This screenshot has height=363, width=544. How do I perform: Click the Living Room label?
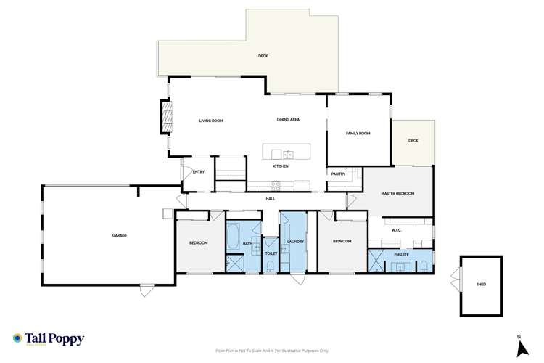[x=210, y=121]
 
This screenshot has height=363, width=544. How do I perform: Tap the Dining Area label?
[x=288, y=119]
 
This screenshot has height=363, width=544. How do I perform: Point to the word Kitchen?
[x=281, y=166]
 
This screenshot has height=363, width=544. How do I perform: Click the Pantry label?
[x=338, y=174]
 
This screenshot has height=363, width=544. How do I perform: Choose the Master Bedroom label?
[x=397, y=193]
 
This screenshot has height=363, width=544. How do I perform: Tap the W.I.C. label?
[x=397, y=231]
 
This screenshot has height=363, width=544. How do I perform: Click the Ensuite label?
[x=401, y=255]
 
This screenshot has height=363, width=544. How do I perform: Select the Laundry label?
[x=294, y=242]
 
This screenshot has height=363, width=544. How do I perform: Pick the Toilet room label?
[x=271, y=254]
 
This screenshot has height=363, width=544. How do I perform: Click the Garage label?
[x=120, y=236]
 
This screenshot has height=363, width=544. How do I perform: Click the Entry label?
[x=199, y=172]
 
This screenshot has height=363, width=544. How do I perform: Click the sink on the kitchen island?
[x=288, y=154]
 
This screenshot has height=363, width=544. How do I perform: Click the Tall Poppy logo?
[x=48, y=339]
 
